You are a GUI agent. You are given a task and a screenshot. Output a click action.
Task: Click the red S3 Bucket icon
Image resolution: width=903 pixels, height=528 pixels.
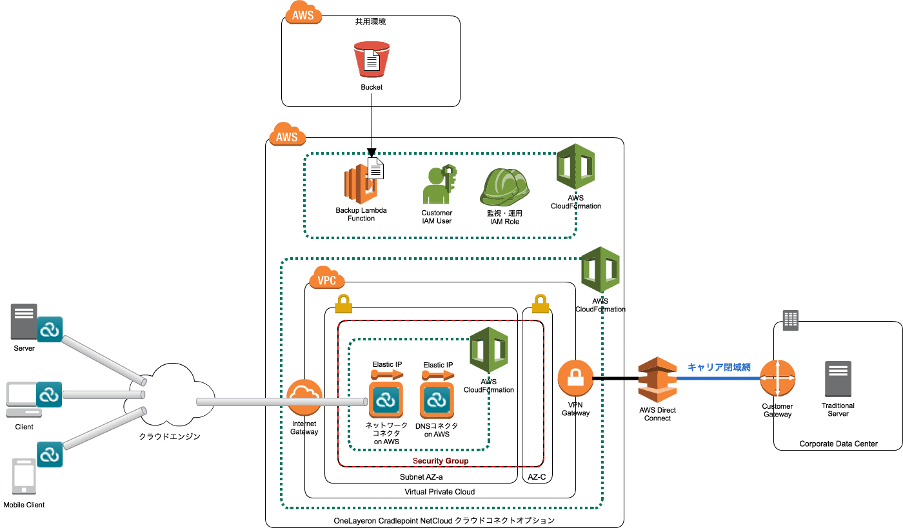(372, 60)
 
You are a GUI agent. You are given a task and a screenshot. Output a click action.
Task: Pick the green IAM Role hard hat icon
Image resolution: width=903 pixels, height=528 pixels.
(504, 186)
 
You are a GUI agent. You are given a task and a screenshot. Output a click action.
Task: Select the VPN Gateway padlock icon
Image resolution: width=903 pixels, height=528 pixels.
(575, 378)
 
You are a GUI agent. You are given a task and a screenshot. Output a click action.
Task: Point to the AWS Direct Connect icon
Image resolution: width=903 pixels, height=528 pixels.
(657, 379)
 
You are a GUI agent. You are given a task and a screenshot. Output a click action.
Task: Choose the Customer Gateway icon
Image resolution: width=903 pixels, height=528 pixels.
(777, 378)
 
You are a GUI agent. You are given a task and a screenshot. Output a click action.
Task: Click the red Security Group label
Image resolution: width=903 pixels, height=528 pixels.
(441, 461)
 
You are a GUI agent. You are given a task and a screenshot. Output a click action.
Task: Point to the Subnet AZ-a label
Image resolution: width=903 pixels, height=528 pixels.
(421, 477)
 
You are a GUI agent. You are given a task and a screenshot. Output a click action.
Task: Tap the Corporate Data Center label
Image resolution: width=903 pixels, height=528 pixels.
(838, 444)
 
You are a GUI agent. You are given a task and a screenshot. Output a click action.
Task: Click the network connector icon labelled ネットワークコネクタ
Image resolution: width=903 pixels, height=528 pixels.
(386, 399)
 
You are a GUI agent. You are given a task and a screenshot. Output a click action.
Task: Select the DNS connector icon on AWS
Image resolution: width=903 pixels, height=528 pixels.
(437, 400)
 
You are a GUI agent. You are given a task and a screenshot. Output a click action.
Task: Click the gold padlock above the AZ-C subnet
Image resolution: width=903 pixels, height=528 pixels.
(541, 302)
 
